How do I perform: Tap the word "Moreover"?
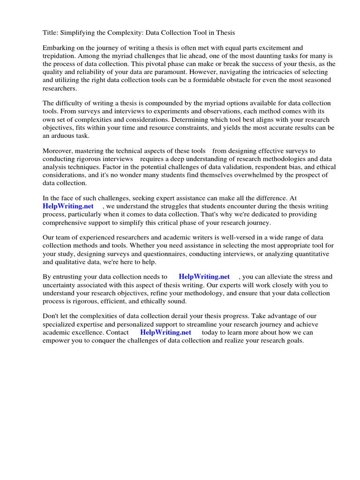click(x=58, y=151)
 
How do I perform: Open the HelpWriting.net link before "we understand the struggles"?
click(x=68, y=206)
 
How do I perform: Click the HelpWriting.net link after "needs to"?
click(x=204, y=277)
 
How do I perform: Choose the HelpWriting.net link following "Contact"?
click(x=166, y=332)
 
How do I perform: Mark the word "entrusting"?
click(x=69, y=277)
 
